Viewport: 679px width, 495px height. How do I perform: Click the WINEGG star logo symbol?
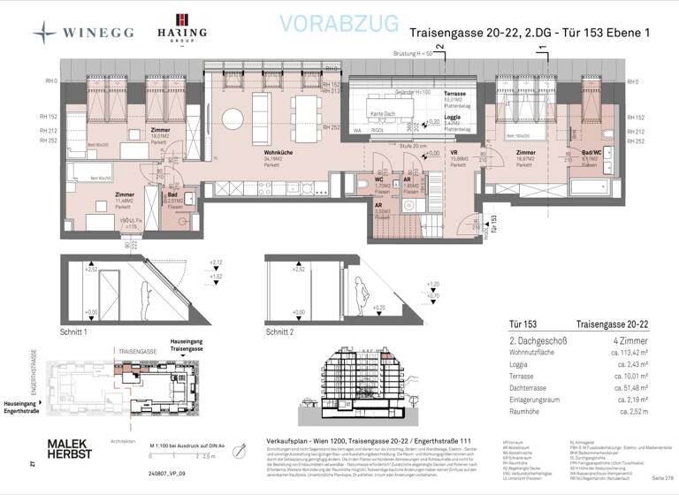click(45, 34)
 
